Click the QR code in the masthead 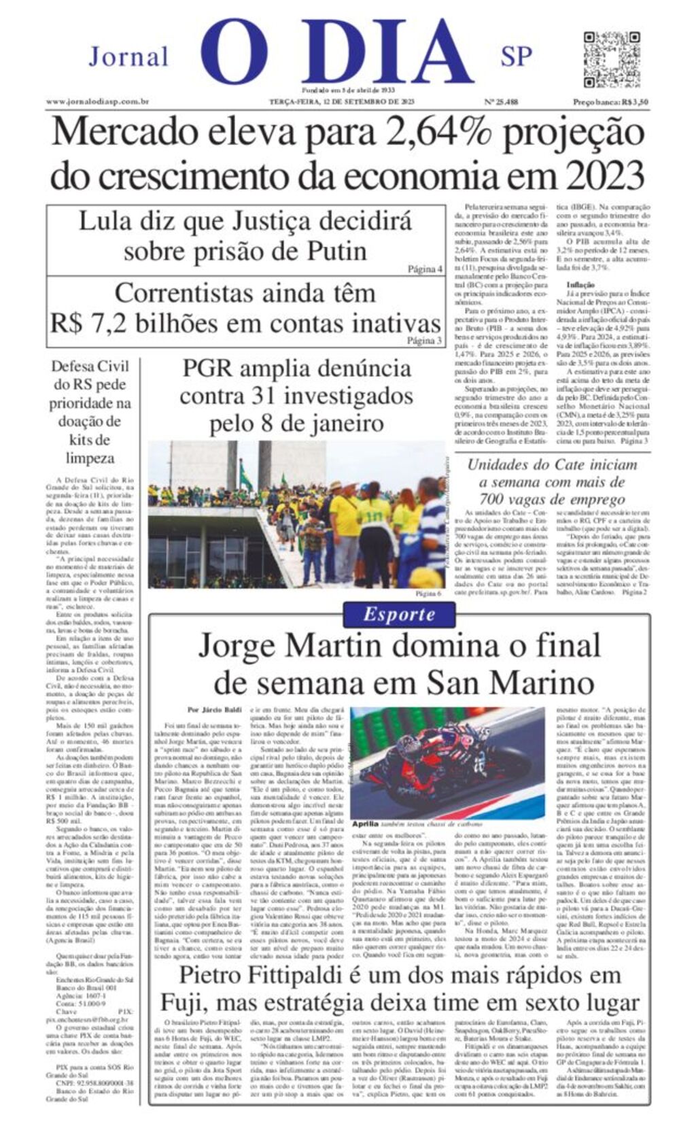tap(612, 58)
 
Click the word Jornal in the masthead tap(128, 56)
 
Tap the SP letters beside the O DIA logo tap(516, 56)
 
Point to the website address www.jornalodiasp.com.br tap(98, 102)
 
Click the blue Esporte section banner tap(399, 614)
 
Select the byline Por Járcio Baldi tap(214, 710)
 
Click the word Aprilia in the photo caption tap(365, 823)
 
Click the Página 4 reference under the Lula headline tap(425, 269)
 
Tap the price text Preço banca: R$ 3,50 tap(610, 102)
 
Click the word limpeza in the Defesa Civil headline tap(90, 458)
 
